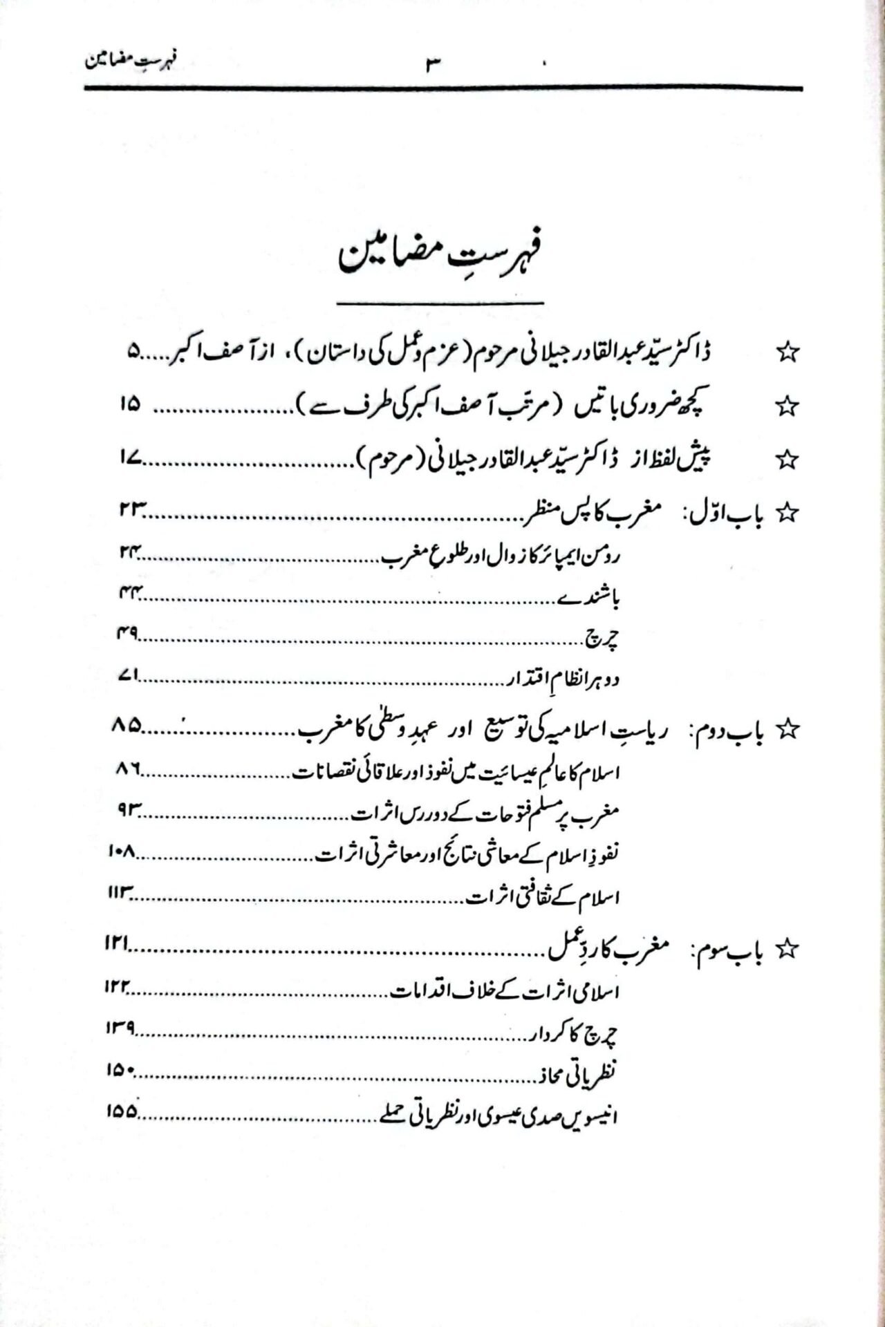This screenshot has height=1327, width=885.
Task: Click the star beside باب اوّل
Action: click(787, 513)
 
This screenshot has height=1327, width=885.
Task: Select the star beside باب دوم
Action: click(787, 729)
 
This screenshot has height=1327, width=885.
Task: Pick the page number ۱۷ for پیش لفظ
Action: click(130, 458)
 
